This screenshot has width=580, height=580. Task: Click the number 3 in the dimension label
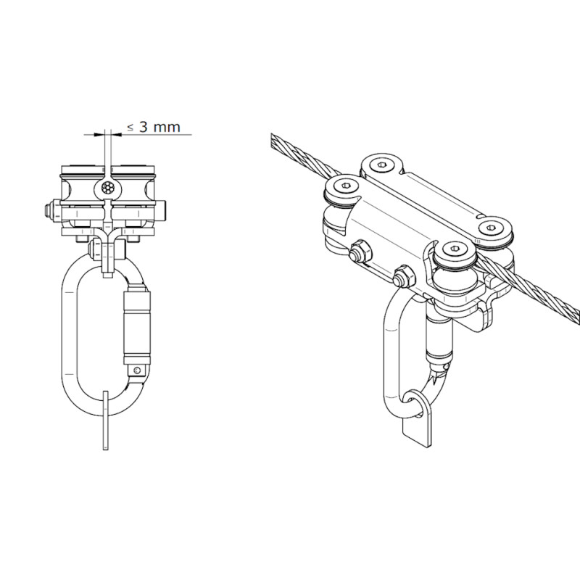click(x=144, y=127)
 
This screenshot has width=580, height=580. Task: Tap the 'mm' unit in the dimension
click(x=167, y=128)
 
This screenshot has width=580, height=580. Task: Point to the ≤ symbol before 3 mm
click(x=130, y=128)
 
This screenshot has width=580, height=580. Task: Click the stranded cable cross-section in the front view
click(x=107, y=188)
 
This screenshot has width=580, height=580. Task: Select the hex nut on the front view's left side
click(x=49, y=212)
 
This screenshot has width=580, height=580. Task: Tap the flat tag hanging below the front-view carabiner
click(x=106, y=420)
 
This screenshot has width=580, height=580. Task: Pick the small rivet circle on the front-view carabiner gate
click(x=138, y=369)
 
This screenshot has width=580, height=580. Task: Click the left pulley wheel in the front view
click(x=80, y=189)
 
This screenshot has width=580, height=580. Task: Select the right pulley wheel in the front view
click(x=135, y=189)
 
